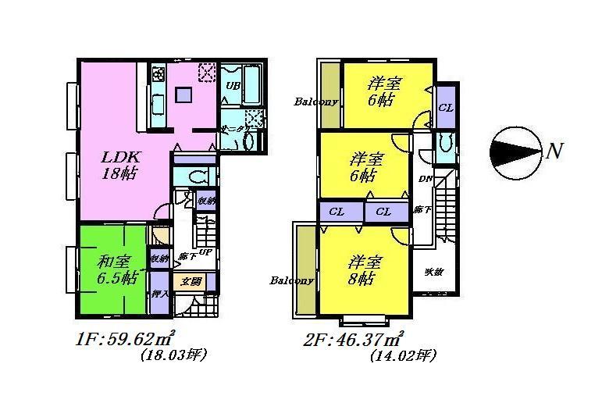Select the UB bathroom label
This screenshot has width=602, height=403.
pyautogui.click(x=233, y=85)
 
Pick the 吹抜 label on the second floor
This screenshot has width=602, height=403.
pyautogui.click(x=434, y=272)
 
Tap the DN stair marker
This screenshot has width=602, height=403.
pyautogui.click(x=426, y=180)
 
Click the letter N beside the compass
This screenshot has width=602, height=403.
pyautogui.click(x=554, y=151)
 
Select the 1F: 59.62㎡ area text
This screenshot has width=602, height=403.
pyautogui.click(x=126, y=340)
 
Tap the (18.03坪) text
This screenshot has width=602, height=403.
pyautogui.click(x=173, y=355)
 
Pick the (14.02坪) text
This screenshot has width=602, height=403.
pyautogui.click(x=403, y=355)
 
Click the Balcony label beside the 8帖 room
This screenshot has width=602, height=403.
pyautogui.click(x=292, y=280)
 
